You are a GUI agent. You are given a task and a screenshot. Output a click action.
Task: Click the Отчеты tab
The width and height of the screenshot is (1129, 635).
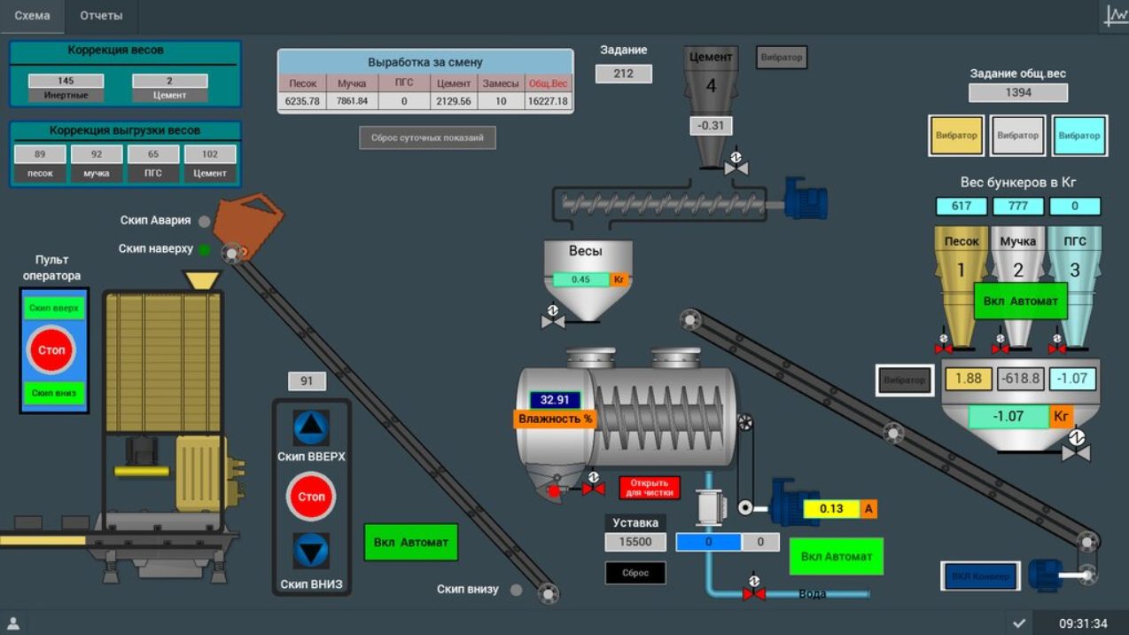pyautogui.click(x=101, y=16)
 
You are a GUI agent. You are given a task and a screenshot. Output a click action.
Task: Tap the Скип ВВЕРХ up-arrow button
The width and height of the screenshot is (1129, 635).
pyautogui.click(x=311, y=428)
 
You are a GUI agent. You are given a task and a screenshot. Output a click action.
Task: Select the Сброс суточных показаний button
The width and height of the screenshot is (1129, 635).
pyautogui.click(x=427, y=137)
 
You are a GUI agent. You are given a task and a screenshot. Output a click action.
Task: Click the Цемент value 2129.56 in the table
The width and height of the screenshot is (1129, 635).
pyautogui.click(x=454, y=101)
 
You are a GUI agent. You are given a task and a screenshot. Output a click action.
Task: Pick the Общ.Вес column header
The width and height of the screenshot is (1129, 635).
pyautogui.click(x=548, y=83)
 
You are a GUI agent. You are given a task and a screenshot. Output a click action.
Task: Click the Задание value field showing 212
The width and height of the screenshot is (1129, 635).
pyautogui.click(x=623, y=74)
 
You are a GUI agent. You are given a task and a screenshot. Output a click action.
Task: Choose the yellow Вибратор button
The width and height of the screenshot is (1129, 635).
pyautogui.click(x=956, y=136)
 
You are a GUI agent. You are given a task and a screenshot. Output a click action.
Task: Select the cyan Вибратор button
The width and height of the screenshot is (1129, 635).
pyautogui.click(x=1078, y=136)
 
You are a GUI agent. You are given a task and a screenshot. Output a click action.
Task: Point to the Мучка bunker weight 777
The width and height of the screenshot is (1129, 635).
pyautogui.click(x=1017, y=207)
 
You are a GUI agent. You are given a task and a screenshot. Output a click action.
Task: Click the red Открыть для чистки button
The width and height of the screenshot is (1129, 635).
pyautogui.click(x=650, y=488)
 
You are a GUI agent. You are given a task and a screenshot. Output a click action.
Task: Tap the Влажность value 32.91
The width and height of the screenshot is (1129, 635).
pyautogui.click(x=555, y=400)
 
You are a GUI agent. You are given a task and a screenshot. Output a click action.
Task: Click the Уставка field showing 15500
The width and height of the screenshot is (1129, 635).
pyautogui.click(x=635, y=542)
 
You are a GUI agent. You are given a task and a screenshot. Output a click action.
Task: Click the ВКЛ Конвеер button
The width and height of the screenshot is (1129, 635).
pyautogui.click(x=980, y=576)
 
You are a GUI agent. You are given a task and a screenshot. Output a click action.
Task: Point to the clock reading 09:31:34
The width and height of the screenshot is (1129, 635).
pyautogui.click(x=1083, y=623)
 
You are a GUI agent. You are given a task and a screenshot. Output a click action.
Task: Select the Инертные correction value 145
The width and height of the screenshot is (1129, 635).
pyautogui.click(x=66, y=81)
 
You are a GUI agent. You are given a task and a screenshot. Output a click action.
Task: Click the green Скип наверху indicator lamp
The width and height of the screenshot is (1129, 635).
pyautogui.click(x=205, y=250)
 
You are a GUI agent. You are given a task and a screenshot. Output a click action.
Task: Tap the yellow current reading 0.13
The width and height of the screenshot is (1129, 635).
pyautogui.click(x=831, y=509)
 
